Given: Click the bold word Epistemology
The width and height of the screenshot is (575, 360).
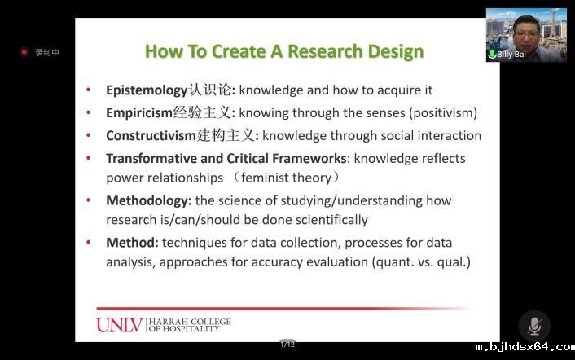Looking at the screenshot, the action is [147, 90].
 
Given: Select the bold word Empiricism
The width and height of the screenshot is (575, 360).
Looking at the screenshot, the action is [139, 113].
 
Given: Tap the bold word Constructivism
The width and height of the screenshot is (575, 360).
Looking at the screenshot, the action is [151, 136].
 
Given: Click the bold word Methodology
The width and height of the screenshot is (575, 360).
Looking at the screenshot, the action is [148, 201].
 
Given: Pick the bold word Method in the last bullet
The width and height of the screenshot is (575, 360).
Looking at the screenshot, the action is [132, 243].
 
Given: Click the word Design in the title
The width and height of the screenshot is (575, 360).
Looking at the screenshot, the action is [396, 51].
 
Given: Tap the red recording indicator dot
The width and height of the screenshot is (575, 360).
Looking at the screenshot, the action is [24, 52].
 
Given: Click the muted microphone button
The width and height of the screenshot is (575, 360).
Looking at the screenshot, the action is [534, 326].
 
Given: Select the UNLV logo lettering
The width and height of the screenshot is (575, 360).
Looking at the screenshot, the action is [119, 325].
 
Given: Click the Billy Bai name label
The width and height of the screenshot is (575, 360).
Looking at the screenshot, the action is [511, 55].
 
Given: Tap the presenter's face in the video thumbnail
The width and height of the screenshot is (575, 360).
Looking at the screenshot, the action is [526, 33].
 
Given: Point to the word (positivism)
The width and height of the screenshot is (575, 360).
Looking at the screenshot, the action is [445, 113].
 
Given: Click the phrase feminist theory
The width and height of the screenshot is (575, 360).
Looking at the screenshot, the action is [286, 178].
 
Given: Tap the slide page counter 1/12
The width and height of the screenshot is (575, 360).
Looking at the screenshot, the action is [287, 345].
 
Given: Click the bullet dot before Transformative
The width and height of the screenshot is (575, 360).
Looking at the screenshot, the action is [89, 158].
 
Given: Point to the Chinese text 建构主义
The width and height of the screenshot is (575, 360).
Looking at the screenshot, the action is [225, 135].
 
